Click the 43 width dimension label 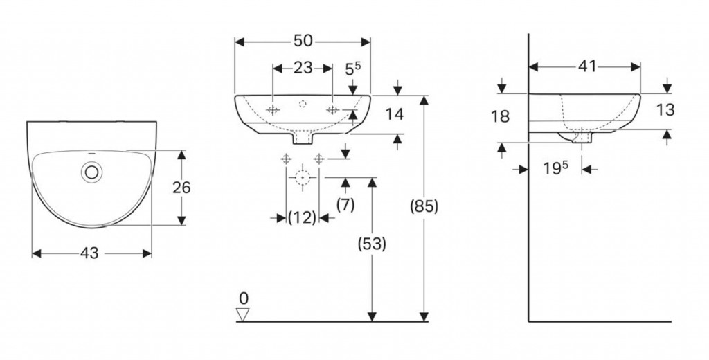tap(89, 253)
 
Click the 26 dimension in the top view tap(181, 188)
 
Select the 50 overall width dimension tap(303, 41)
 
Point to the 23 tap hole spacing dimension tap(303, 68)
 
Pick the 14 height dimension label tap(394, 114)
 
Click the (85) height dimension tap(424, 206)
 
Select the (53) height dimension tap(373, 244)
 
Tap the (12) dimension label tap(302, 218)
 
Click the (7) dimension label tap(345, 204)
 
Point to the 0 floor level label tap(242, 298)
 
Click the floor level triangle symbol tap(242, 315)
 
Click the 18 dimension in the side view tap(500, 116)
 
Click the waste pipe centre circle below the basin tap(302, 178)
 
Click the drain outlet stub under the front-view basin tap(303, 139)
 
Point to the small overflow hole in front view tap(303, 104)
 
